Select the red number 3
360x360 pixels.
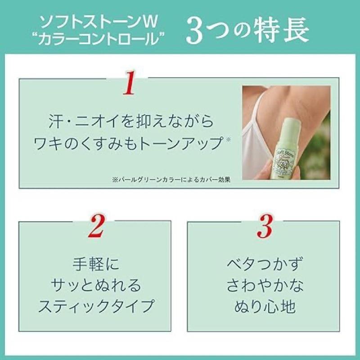pos(265,228)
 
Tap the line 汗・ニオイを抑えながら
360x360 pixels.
pos(130,122)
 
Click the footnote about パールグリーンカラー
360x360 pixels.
pos(171,178)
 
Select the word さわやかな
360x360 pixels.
pos(265,285)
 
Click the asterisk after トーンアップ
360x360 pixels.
pos(228,139)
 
